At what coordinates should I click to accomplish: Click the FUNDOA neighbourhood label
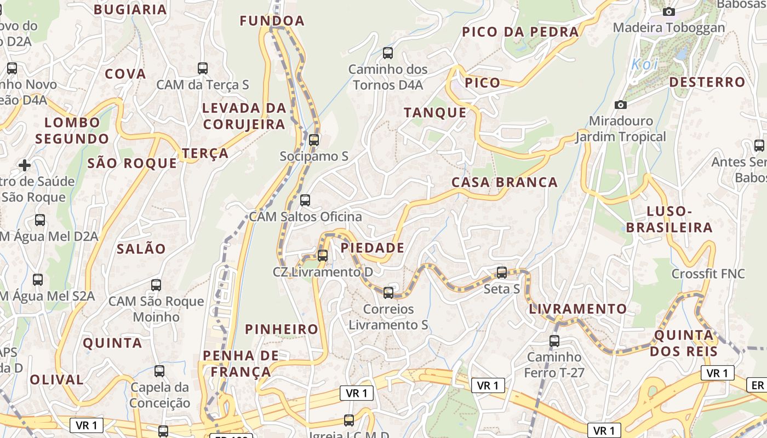(x=272, y=21)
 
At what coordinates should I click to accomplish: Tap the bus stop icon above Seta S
(x=502, y=272)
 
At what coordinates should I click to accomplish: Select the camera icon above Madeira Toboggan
(x=668, y=11)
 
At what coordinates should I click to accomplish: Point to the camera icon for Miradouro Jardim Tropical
(x=621, y=105)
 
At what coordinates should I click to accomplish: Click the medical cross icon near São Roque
(x=25, y=165)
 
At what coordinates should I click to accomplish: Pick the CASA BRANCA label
(x=505, y=182)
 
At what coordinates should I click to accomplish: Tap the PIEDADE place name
(x=373, y=248)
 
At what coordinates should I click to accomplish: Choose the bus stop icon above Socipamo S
(x=314, y=140)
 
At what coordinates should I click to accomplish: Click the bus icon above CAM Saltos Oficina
(x=305, y=200)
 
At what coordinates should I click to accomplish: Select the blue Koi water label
(x=644, y=64)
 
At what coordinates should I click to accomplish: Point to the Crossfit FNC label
(x=708, y=273)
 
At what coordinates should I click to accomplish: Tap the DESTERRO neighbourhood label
(x=707, y=83)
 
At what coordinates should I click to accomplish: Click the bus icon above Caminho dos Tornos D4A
(x=388, y=53)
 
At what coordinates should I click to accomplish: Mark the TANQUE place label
(x=435, y=113)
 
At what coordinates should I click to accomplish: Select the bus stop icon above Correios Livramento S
(x=388, y=293)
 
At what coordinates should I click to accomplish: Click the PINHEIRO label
(x=282, y=329)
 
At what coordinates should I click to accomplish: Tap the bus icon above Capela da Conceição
(x=159, y=371)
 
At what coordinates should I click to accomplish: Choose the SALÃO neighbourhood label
(x=141, y=249)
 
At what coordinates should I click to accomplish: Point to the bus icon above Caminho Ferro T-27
(x=554, y=341)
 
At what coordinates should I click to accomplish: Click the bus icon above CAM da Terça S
(x=203, y=68)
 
